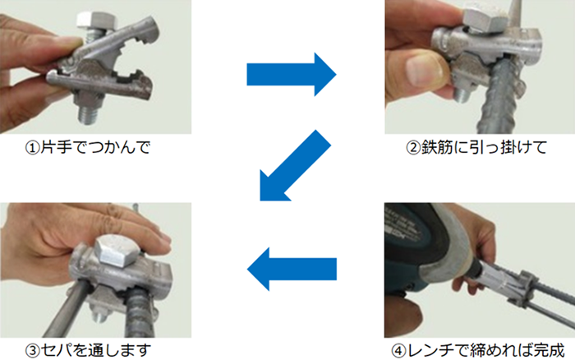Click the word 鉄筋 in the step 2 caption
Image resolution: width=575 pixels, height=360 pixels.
point(437,150)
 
